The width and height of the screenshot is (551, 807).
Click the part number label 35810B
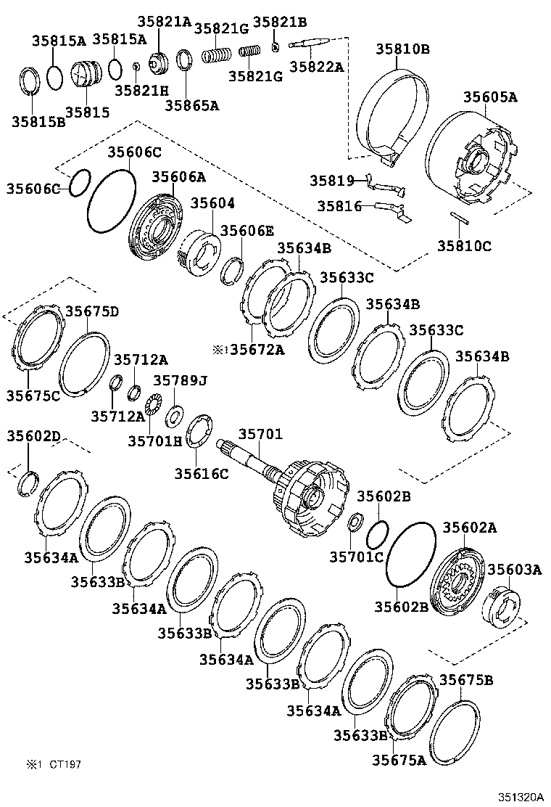tap(402, 49)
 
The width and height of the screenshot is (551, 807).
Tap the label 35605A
tap(490, 97)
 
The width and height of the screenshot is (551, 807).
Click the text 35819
tap(331, 180)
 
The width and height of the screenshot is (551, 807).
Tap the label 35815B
tap(38, 121)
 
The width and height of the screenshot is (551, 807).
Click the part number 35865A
tap(191, 105)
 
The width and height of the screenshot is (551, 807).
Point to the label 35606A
tap(178, 177)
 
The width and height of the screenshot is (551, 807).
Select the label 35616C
tap(201, 473)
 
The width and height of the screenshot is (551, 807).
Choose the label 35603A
tap(514, 570)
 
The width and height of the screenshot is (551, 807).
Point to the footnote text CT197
tap(66, 764)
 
